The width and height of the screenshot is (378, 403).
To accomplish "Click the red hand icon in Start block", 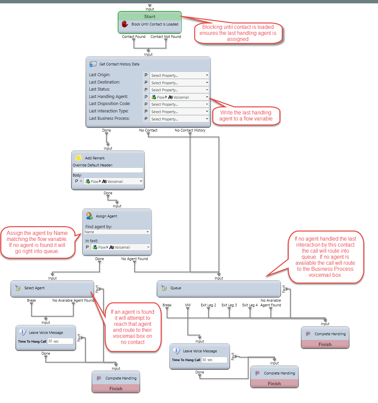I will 125,24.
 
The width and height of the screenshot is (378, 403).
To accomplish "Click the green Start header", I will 150,16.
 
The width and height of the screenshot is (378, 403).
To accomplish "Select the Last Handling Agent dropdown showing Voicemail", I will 179,97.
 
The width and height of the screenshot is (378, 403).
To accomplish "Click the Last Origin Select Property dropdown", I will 179,75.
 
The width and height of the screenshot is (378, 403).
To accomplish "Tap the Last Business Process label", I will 109,118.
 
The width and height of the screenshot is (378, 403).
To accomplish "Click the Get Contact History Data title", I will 119,64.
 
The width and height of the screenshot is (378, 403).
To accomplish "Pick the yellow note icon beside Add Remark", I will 78,158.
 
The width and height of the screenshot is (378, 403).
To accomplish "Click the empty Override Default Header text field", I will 108,170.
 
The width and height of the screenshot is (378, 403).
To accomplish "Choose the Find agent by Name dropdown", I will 117,232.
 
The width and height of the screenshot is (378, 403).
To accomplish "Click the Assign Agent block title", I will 106,216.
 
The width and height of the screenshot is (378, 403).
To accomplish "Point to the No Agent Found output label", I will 134,259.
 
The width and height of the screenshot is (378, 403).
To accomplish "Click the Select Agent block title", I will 34,288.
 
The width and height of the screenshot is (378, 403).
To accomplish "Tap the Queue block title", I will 175,288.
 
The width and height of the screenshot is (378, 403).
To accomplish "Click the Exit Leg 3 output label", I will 229,305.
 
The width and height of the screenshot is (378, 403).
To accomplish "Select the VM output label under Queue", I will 187,305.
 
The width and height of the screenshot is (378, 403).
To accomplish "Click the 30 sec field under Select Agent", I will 60,341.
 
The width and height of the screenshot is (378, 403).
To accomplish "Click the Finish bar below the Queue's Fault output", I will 325,344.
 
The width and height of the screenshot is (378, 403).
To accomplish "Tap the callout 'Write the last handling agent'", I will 246,116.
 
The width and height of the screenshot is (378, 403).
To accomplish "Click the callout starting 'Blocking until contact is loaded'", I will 238,33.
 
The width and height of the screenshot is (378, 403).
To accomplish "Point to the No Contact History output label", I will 190,130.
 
